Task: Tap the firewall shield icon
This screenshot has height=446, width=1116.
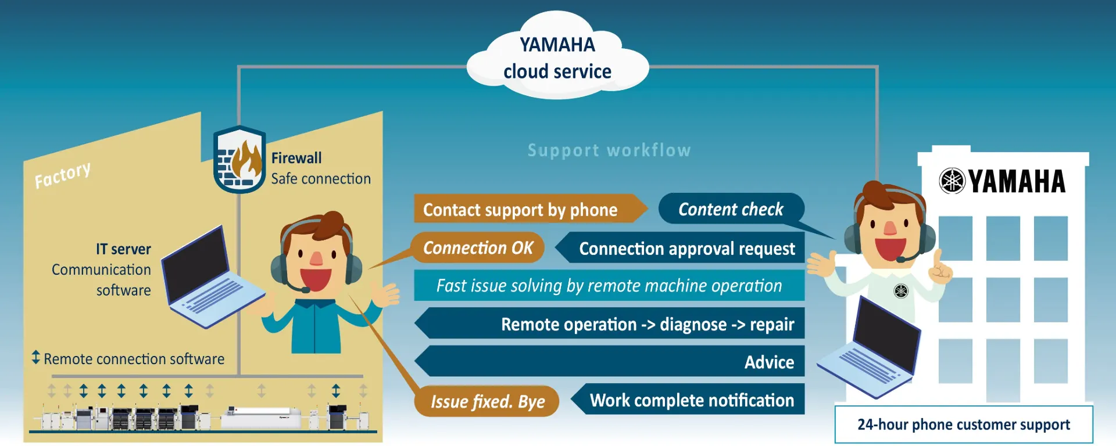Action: (239, 159)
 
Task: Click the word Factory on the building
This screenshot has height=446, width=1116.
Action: (62, 175)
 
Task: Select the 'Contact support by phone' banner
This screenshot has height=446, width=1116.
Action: (521, 209)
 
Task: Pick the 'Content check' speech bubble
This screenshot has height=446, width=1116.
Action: (731, 209)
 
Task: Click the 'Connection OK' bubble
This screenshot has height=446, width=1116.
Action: (477, 248)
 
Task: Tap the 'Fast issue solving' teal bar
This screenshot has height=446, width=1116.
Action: (609, 286)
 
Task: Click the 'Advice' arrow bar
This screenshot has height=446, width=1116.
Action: (610, 362)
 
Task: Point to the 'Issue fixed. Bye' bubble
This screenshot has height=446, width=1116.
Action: (487, 401)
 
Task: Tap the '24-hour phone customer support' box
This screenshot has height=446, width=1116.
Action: (963, 425)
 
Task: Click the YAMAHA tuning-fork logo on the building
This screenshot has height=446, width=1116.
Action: (952, 181)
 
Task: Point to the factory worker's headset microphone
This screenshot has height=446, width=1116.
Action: (305, 289)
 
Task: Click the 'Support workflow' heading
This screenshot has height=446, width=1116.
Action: (609, 150)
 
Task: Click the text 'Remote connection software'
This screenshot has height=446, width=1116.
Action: (134, 359)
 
